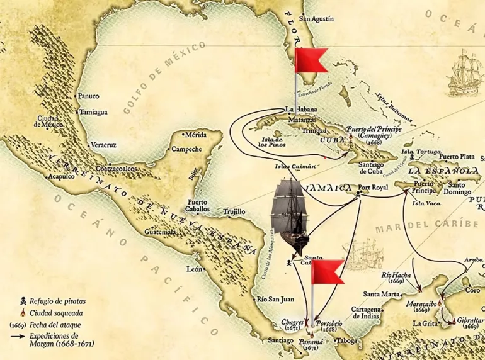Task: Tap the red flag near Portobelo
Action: pos(328,273)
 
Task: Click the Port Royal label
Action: pos(372,188)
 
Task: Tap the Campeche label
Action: pos(187,149)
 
